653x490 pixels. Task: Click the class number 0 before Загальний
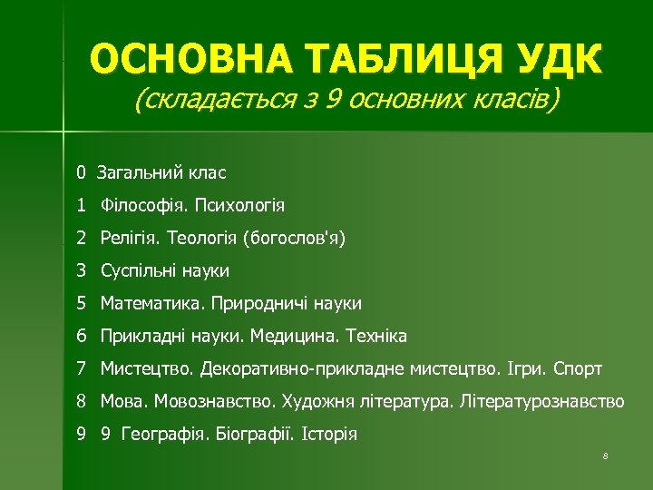81,172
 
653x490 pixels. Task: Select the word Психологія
239,206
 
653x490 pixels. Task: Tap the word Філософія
143,206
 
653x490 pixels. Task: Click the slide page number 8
603,455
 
